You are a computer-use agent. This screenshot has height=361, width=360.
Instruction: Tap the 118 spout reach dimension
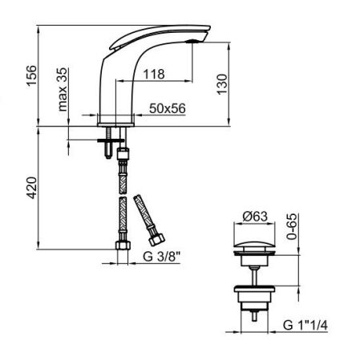[x=155, y=74]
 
